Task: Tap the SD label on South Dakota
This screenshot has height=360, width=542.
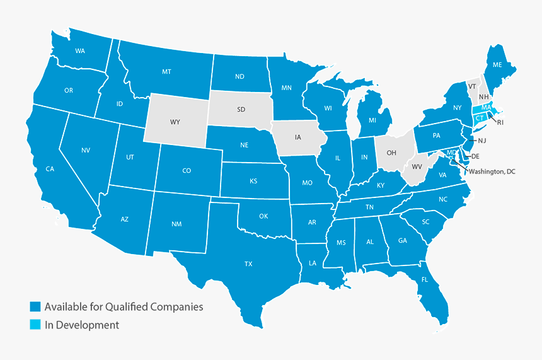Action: (241, 109)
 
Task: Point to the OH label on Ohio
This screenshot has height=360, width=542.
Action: (391, 152)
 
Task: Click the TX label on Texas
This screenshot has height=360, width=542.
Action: (248, 264)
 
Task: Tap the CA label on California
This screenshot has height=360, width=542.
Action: (50, 168)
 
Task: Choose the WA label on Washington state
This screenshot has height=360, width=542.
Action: (80, 50)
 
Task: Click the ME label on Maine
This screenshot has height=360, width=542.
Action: (497, 64)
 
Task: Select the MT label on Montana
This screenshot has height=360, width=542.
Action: (166, 72)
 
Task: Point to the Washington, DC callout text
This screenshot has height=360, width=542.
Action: (492, 171)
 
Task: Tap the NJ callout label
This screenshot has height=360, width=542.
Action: (482, 140)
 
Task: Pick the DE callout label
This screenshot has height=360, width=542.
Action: (476, 156)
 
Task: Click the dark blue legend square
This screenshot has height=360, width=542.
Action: (35, 307)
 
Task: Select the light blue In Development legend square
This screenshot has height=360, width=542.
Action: (35, 325)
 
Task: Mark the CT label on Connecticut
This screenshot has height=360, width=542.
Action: (480, 118)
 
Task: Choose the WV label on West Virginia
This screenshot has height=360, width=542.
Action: (417, 167)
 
